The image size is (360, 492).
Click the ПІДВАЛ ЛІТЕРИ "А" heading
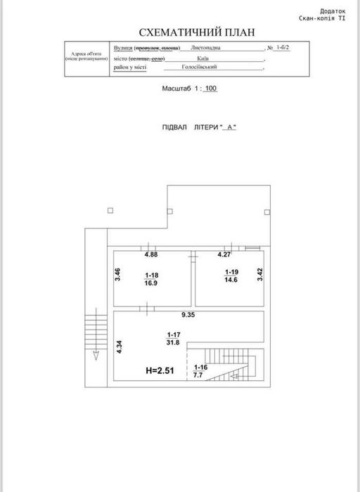point(200,127)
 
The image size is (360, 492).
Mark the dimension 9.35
point(188,316)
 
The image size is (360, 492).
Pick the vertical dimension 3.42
point(260,275)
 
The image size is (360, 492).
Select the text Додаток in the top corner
point(332,11)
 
